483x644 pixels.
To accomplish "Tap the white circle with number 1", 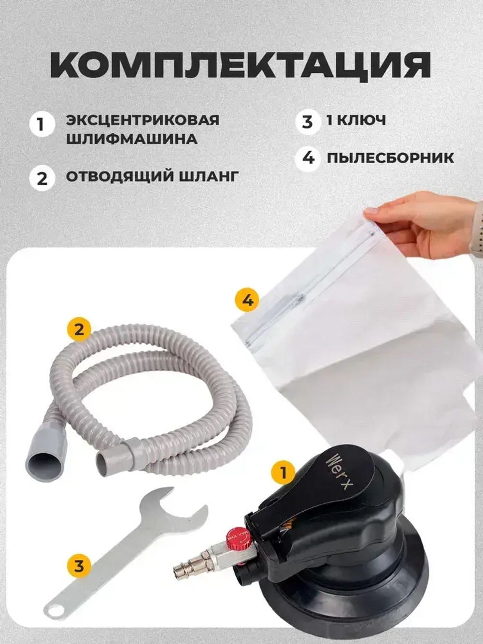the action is (x=42, y=125).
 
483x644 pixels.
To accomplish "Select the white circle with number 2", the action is (x=42, y=177).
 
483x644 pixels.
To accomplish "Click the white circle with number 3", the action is (x=308, y=121).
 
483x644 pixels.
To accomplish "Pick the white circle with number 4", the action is (x=308, y=157).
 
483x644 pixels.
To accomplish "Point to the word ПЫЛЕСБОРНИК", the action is (x=390, y=157).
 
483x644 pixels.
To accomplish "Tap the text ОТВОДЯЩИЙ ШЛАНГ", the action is (x=152, y=176).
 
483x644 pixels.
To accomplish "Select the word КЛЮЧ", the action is (x=361, y=120).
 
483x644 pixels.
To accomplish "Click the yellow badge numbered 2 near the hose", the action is (x=79, y=329).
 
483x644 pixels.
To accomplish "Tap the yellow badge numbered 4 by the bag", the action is (x=247, y=301).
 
